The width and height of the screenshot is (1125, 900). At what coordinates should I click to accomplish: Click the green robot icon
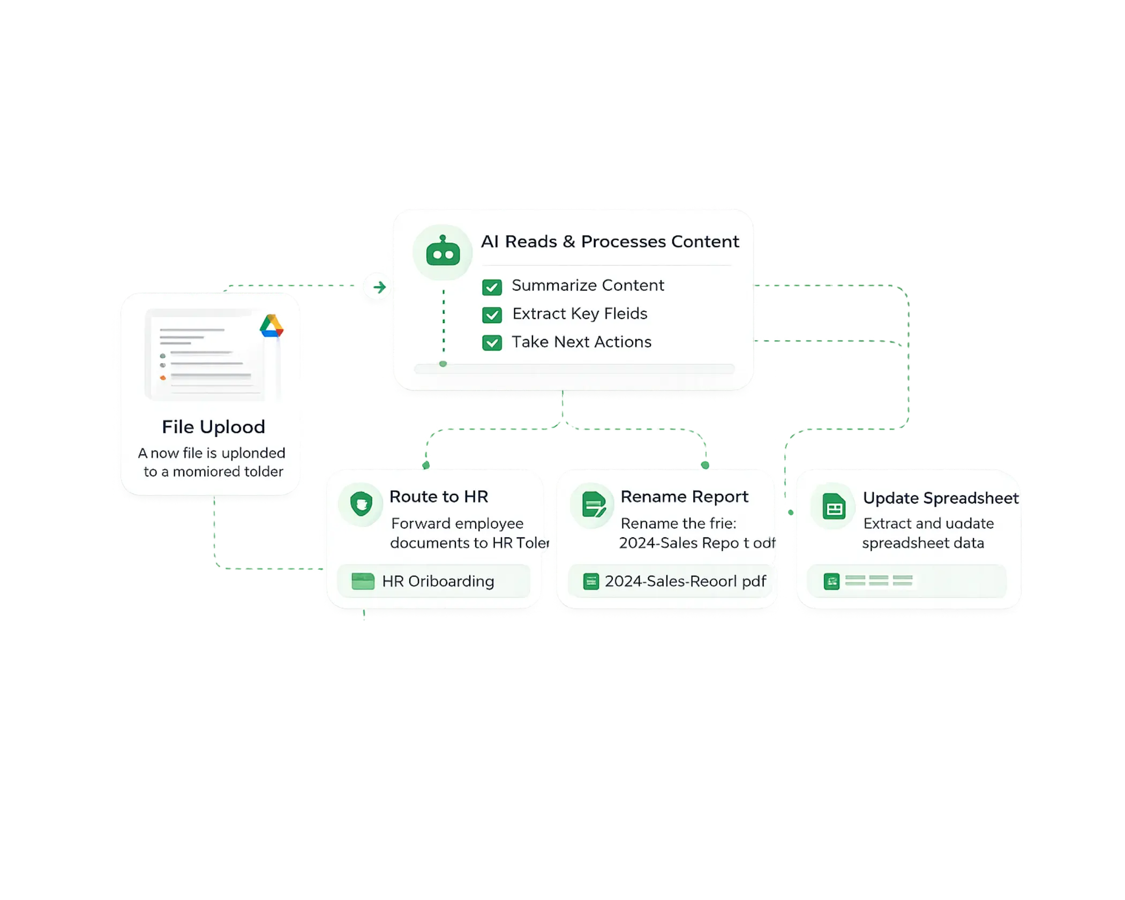pyautogui.click(x=442, y=252)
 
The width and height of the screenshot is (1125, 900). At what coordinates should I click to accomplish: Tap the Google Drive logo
pyautogui.click(x=272, y=326)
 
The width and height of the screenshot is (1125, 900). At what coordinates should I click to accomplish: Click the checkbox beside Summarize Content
pyautogui.click(x=492, y=287)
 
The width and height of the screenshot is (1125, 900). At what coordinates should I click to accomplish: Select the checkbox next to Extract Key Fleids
pyautogui.click(x=492, y=315)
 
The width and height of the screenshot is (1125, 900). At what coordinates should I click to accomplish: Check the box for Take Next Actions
pyautogui.click(x=492, y=343)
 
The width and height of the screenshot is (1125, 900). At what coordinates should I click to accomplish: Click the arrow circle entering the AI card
pyautogui.click(x=379, y=287)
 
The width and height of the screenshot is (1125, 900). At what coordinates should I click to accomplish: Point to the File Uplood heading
pyautogui.click(x=213, y=427)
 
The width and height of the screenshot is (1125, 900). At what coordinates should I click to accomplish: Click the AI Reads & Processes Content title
pyautogui.click(x=610, y=242)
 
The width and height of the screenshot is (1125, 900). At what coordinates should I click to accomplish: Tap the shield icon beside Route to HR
pyautogui.click(x=361, y=504)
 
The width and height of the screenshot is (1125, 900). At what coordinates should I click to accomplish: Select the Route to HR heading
pyautogui.click(x=439, y=497)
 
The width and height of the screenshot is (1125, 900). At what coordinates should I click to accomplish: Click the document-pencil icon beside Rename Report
pyautogui.click(x=592, y=505)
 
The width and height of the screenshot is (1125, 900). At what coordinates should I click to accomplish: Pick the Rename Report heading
pyautogui.click(x=684, y=497)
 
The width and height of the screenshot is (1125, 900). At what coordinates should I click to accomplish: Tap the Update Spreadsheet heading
pyautogui.click(x=941, y=498)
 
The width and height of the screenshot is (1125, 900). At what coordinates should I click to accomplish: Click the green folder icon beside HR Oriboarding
pyautogui.click(x=363, y=581)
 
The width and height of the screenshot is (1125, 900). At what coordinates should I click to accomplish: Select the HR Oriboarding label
pyautogui.click(x=438, y=581)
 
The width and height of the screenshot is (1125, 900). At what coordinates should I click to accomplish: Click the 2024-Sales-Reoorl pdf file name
pyautogui.click(x=685, y=581)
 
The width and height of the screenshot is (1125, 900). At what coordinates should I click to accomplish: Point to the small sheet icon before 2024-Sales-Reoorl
pyautogui.click(x=590, y=581)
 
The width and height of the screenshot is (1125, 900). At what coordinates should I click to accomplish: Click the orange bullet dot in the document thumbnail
pyautogui.click(x=163, y=378)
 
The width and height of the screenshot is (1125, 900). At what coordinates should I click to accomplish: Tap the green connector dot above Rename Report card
pyautogui.click(x=706, y=464)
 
